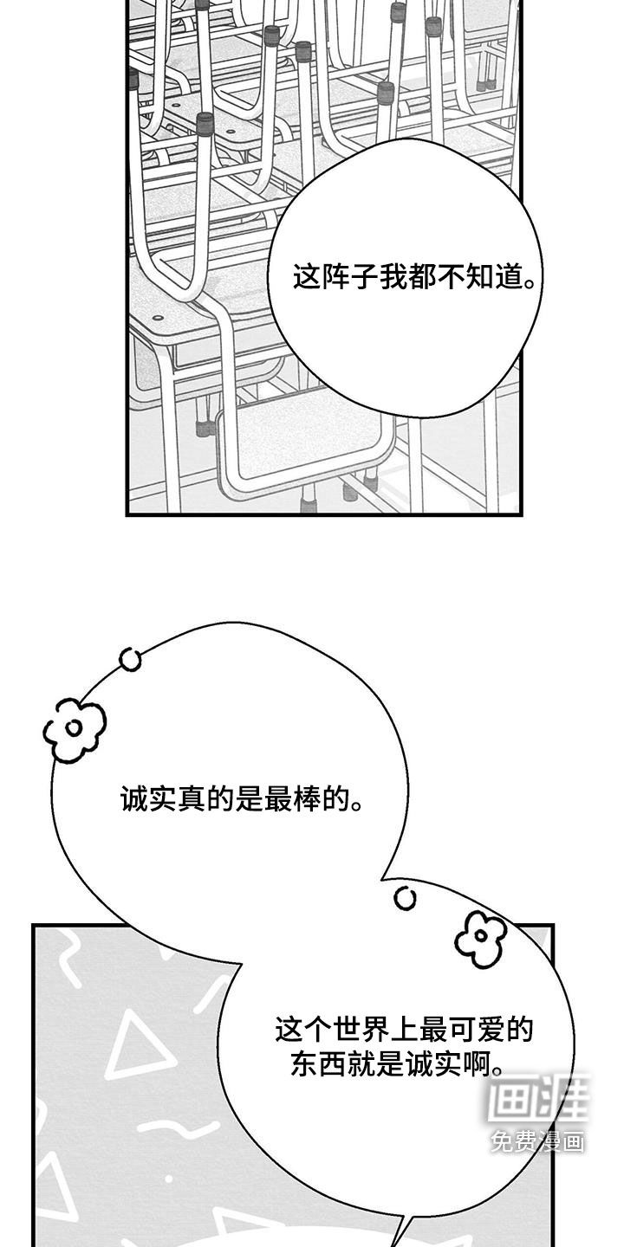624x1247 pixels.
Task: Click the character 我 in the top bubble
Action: point(393,277)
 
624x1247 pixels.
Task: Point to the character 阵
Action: point(335,277)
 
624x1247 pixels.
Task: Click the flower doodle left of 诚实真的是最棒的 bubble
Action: point(75,730)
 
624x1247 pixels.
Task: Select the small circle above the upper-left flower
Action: point(131,660)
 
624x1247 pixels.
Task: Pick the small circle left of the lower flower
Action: point(405,898)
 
